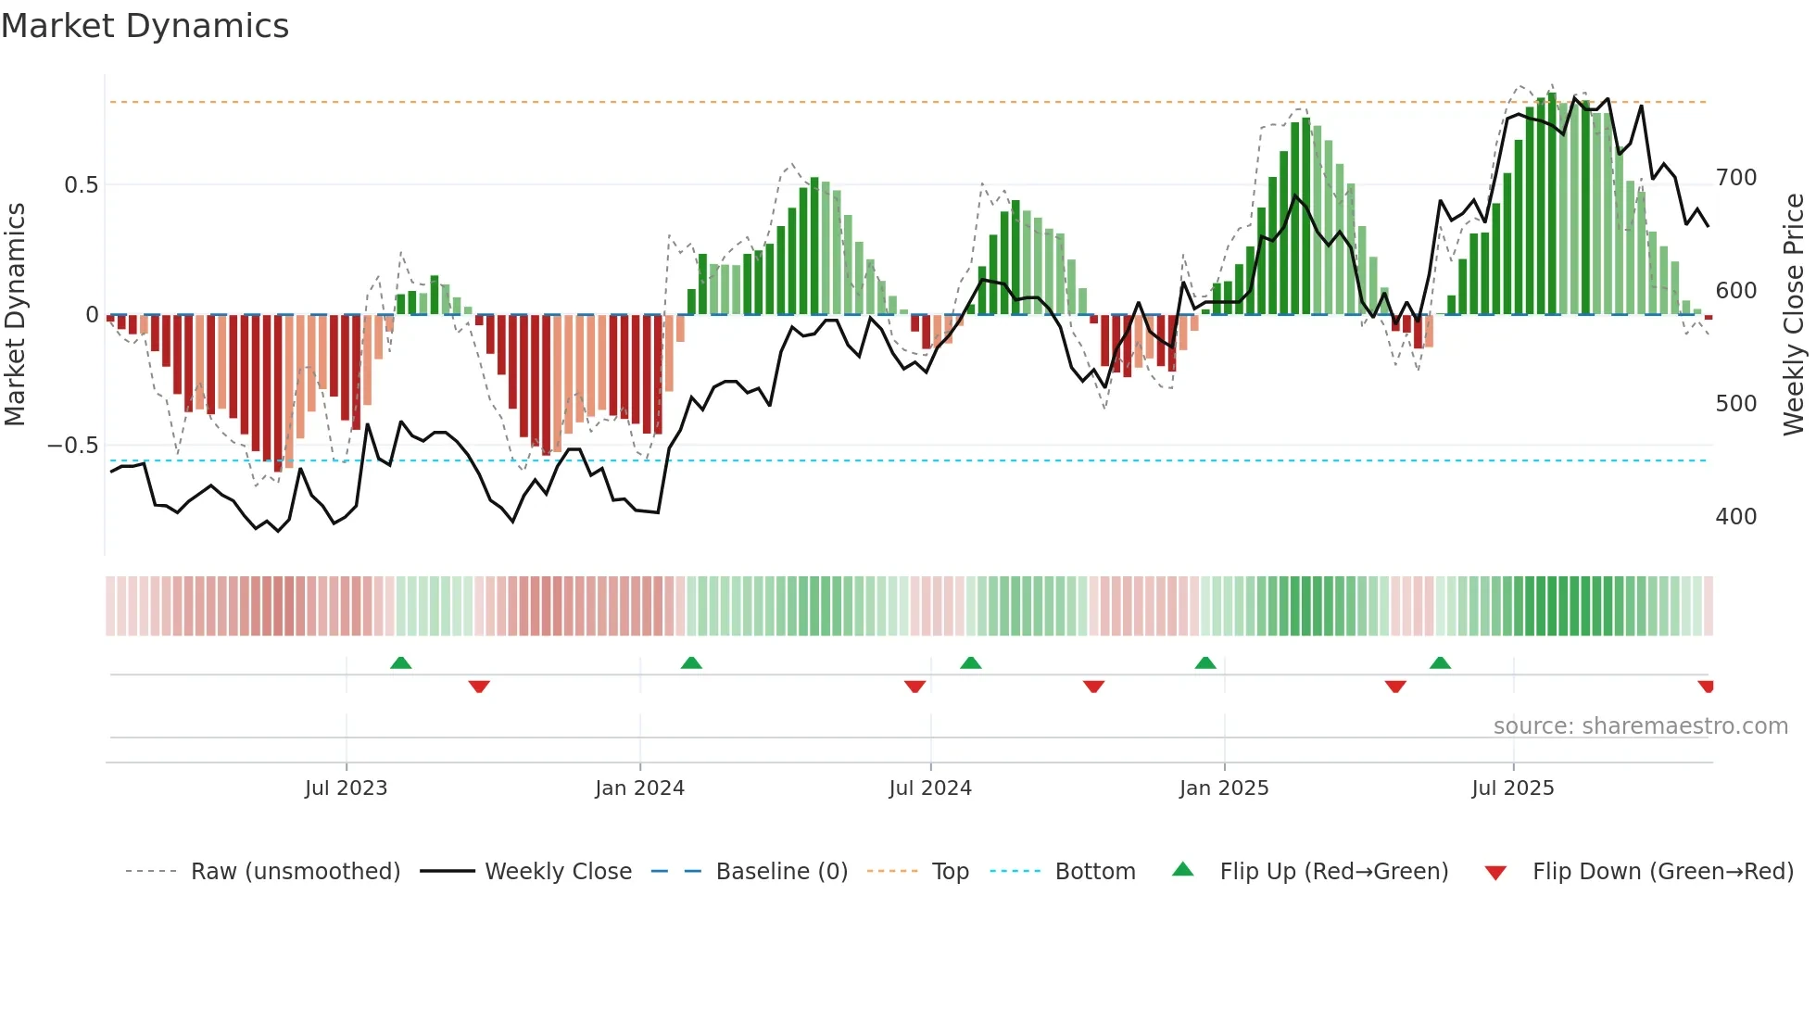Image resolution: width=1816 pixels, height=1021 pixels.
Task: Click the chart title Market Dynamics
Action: (145, 26)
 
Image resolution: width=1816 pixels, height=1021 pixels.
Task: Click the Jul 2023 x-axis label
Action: (346, 788)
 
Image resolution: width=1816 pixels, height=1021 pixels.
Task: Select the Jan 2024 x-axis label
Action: (639, 788)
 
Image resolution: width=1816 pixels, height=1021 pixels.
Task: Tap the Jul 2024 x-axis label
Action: (930, 788)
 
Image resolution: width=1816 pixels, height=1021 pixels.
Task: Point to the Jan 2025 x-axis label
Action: (1224, 788)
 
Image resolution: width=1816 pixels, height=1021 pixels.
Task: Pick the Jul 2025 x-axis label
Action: (1513, 788)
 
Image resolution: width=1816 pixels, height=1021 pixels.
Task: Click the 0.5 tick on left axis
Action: (81, 185)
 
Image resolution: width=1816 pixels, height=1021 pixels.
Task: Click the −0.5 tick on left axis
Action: (73, 446)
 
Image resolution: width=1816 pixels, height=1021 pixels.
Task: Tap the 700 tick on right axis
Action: (1735, 178)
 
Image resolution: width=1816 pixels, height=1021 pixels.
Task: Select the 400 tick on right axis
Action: (1735, 517)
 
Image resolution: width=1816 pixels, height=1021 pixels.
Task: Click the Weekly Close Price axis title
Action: (1794, 315)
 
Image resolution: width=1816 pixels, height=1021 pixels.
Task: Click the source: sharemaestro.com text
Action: (1640, 726)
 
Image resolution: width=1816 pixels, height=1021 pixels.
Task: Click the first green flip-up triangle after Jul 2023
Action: (400, 662)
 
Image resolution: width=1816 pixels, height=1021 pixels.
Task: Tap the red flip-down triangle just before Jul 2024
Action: (914, 687)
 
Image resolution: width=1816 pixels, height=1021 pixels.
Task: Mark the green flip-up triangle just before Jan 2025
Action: (1204, 662)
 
